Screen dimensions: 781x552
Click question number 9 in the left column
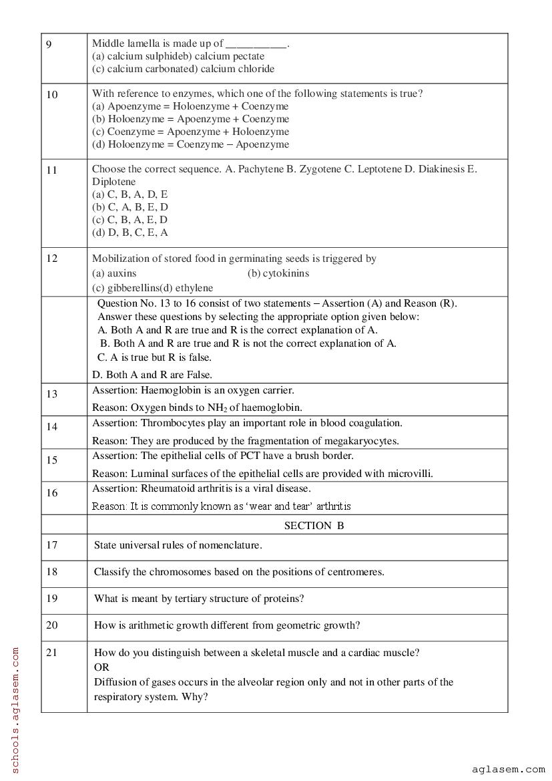point(49,44)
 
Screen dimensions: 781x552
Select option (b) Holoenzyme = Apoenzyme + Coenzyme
point(190,119)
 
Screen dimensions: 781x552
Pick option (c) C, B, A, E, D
point(129,220)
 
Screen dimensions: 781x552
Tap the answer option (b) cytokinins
point(278,273)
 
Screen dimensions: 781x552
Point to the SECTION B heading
point(314,526)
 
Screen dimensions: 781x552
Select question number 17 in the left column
point(52,545)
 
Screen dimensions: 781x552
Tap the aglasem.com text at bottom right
point(508,770)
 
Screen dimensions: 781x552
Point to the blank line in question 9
point(256,45)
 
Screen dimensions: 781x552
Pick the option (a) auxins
point(114,273)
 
